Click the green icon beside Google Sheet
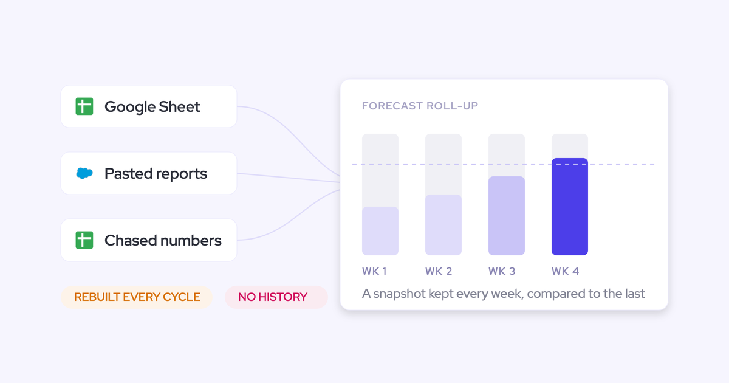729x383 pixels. click(x=84, y=106)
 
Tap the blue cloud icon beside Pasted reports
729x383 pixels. click(x=84, y=173)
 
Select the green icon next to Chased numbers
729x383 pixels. click(x=84, y=240)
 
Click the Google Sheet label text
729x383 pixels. click(x=152, y=107)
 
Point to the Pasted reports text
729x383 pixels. click(x=156, y=174)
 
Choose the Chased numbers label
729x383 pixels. click(x=163, y=240)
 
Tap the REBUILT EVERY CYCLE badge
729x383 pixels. click(x=137, y=297)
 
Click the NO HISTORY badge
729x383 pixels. click(x=276, y=297)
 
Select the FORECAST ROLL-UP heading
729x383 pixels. click(x=420, y=106)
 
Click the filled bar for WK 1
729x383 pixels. click(x=380, y=231)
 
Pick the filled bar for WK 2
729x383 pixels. click(x=443, y=225)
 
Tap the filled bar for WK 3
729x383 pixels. click(x=507, y=216)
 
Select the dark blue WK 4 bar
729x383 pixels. click(x=570, y=207)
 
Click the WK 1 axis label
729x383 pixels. click(x=374, y=271)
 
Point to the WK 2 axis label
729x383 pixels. click(x=439, y=271)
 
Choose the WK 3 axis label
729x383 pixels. click(x=502, y=271)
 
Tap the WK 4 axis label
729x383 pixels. click(x=566, y=271)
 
